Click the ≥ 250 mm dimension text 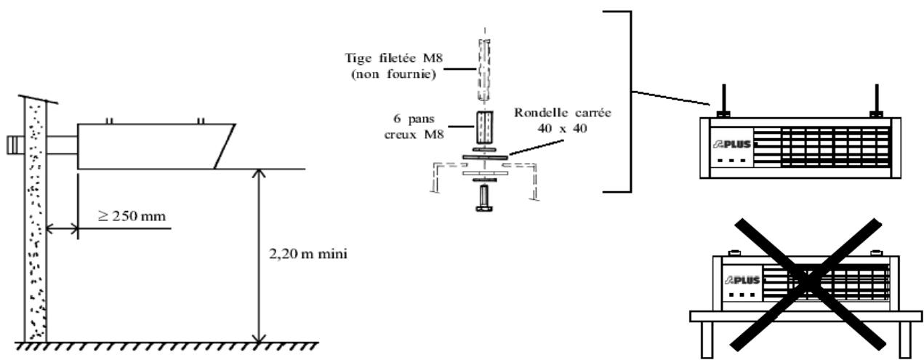(x=132, y=216)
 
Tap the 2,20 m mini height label (x=308, y=254)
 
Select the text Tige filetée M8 (x=393, y=57)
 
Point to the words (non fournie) (x=393, y=74)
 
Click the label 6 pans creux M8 (x=414, y=127)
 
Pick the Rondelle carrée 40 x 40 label (x=562, y=120)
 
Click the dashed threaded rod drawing (x=484, y=71)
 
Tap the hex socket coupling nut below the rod (x=484, y=127)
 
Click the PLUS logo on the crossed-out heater (x=742, y=280)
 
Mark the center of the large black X (x=808, y=283)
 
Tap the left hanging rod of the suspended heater (x=724, y=98)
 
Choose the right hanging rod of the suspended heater (x=876, y=98)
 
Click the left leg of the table (x=707, y=340)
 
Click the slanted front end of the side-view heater (x=225, y=146)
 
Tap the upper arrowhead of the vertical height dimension (x=259, y=173)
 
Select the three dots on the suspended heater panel (x=732, y=160)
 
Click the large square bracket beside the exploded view (x=617, y=102)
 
